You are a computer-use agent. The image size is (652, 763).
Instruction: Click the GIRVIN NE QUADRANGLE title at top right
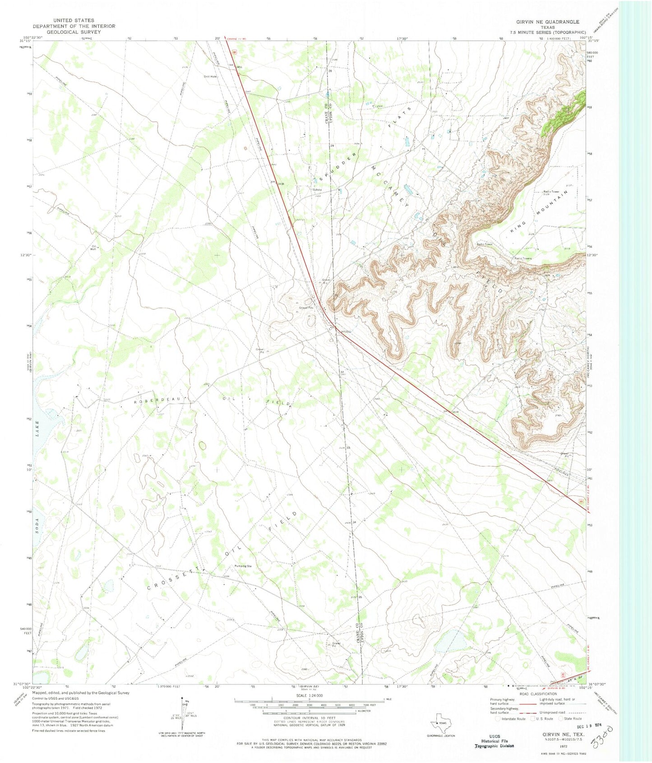[548, 22]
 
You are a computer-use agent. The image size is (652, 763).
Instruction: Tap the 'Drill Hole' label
[210, 77]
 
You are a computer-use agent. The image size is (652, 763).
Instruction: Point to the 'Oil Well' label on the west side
[93, 247]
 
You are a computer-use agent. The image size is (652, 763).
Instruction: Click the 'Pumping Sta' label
[243, 566]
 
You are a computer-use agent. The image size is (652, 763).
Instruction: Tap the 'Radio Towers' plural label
[523, 258]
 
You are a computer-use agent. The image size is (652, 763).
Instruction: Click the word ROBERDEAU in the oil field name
[157, 400]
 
